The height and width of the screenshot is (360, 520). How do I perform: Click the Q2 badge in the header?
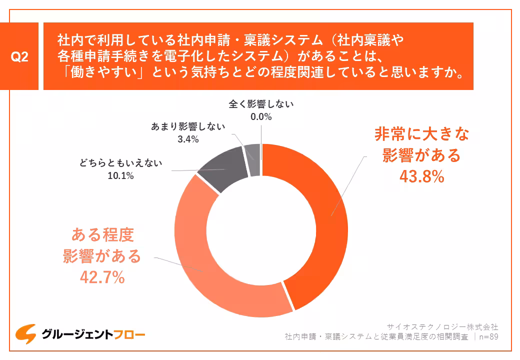click(x=20, y=56)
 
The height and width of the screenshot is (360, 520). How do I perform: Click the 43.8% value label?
click(x=421, y=176)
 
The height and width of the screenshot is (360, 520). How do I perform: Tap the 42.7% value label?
click(x=102, y=277)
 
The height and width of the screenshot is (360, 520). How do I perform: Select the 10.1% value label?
click(x=120, y=175)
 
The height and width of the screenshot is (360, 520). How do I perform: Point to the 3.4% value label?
click(x=188, y=139)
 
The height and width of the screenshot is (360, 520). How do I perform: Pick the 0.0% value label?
click(x=260, y=117)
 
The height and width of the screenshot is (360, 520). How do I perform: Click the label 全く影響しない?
click(x=261, y=104)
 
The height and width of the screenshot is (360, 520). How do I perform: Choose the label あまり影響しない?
click(x=188, y=127)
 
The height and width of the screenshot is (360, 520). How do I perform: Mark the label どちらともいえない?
click(x=120, y=162)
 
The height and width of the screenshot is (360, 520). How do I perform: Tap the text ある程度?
click(x=102, y=235)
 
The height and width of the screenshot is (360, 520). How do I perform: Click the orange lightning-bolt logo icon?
click(x=25, y=333)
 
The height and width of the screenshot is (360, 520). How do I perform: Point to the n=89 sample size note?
click(x=488, y=336)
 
